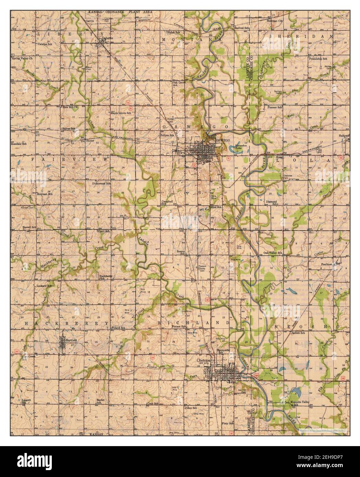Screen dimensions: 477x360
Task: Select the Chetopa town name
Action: point(205,361)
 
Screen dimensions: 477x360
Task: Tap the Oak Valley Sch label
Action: point(272,253)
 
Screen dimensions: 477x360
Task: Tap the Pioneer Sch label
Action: point(275,107)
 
